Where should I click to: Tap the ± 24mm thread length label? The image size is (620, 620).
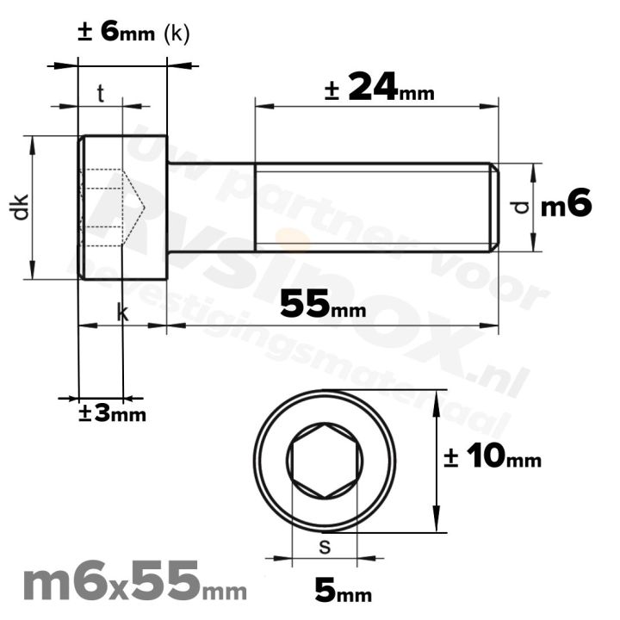(379, 88)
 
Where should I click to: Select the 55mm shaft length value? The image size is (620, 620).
(323, 304)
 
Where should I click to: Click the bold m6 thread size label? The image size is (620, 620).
(566, 206)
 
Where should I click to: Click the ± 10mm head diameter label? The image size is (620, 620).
(493, 458)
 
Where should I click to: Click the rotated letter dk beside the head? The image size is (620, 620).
(21, 208)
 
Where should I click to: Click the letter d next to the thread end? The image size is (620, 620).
(517, 208)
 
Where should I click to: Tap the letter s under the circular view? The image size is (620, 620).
(324, 544)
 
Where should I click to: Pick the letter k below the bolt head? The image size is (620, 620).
(122, 313)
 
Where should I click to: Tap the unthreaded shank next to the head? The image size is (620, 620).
(211, 208)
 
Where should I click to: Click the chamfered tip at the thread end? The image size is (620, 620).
(494, 208)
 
